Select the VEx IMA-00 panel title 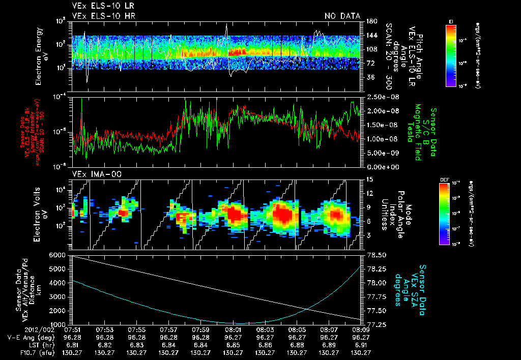(92, 174)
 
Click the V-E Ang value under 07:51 (72, 337)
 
